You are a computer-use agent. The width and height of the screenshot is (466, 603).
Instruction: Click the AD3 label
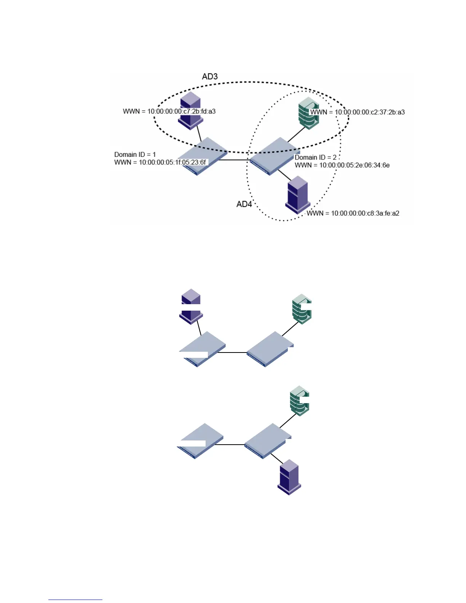(x=210, y=77)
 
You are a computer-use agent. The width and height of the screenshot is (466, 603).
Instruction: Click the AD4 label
(x=244, y=204)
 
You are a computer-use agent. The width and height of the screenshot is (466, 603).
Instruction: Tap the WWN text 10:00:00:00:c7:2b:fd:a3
(x=169, y=112)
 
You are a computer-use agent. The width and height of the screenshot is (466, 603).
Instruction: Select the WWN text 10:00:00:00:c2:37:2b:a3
(x=357, y=112)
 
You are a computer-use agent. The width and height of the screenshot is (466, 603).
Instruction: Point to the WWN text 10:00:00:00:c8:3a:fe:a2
(x=353, y=213)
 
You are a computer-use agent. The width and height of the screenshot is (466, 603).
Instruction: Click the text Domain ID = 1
(x=135, y=155)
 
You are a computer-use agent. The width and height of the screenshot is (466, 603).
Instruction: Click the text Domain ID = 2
(x=316, y=157)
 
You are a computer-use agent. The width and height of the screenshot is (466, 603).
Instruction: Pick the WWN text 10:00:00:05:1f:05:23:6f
(x=160, y=163)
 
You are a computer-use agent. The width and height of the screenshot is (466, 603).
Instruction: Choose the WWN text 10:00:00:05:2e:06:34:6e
(x=342, y=165)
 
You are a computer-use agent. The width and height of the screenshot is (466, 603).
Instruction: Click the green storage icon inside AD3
(x=308, y=113)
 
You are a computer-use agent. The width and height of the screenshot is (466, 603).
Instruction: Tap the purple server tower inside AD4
(x=297, y=194)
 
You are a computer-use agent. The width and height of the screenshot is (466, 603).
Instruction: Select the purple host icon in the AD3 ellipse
(x=190, y=110)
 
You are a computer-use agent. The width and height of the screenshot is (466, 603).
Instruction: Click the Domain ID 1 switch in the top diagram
(x=202, y=156)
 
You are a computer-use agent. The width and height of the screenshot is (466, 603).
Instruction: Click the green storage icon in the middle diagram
(x=302, y=309)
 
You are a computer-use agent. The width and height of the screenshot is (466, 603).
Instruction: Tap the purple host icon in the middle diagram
(x=191, y=306)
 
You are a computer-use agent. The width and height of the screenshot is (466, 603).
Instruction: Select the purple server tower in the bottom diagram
(x=290, y=477)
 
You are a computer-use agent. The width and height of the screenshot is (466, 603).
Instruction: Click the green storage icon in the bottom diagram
(x=299, y=400)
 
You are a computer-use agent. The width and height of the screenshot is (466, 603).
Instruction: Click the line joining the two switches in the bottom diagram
(x=234, y=445)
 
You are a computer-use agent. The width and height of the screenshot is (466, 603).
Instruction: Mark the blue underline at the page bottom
(x=75, y=600)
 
